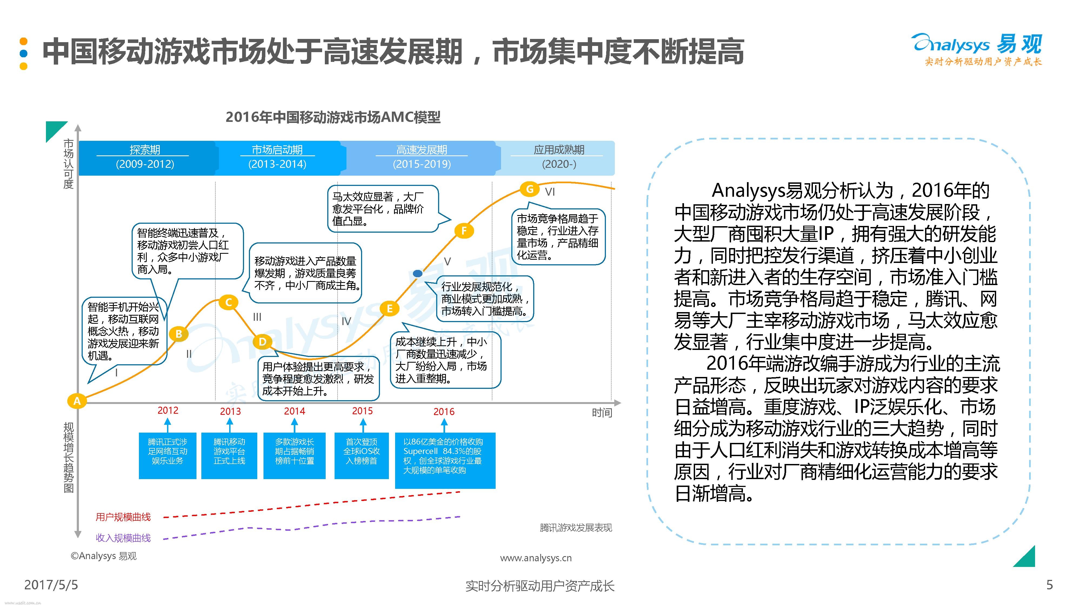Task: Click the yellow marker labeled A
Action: [77, 401]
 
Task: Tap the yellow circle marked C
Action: [229, 302]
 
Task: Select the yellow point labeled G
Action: [530, 189]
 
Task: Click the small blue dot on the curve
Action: [418, 273]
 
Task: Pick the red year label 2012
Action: [168, 410]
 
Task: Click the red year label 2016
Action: [444, 412]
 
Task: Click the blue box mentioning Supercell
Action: [445, 460]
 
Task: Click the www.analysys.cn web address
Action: [536, 558]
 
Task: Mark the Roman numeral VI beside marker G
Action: [550, 192]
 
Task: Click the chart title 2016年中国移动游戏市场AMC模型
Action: [333, 117]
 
